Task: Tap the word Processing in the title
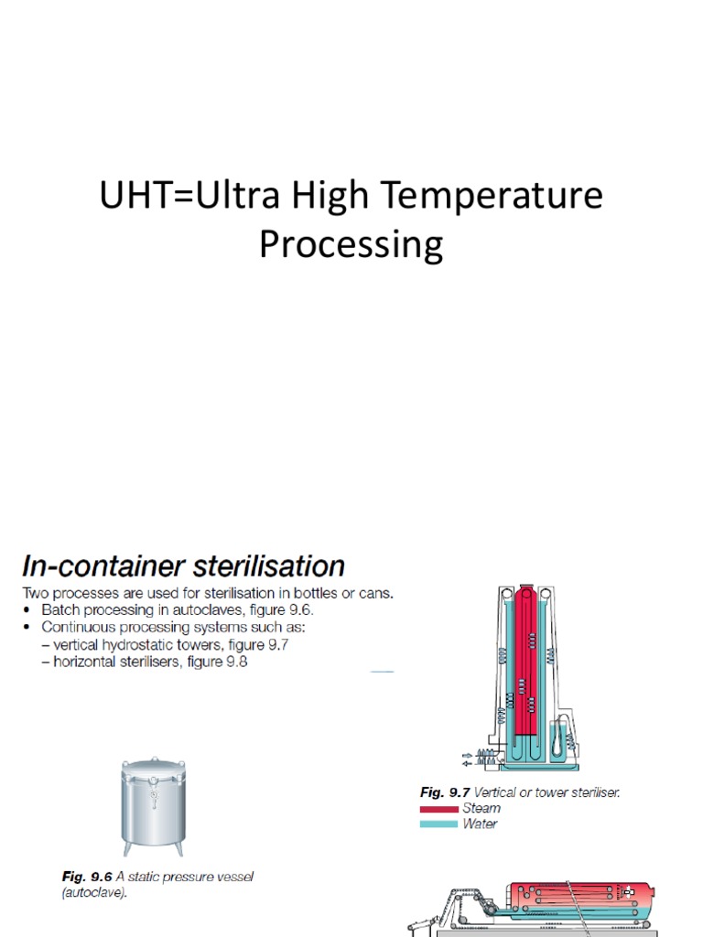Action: pos(351,244)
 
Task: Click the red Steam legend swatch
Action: pos(438,809)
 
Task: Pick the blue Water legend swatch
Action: pos(438,824)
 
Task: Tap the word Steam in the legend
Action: pos(481,808)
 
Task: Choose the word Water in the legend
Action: pos(481,824)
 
